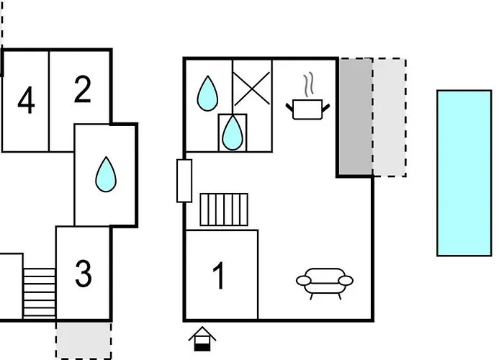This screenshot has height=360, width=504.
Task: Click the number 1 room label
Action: click(x=219, y=276)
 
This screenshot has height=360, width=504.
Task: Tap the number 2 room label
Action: click(x=82, y=89)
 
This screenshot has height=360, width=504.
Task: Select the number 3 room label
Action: click(x=84, y=273)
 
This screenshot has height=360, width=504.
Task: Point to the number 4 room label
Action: click(x=26, y=99)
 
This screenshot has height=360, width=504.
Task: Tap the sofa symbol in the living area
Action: click(x=325, y=283)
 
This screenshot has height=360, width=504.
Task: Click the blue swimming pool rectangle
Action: click(x=464, y=173)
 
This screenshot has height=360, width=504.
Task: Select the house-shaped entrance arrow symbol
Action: click(x=202, y=339)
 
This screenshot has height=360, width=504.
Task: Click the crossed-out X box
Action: click(x=252, y=89)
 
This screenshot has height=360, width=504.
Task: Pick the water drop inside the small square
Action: click(x=233, y=132)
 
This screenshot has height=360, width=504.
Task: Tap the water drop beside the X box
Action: click(x=207, y=94)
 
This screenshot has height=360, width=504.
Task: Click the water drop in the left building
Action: click(x=106, y=174)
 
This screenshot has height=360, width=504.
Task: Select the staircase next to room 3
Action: click(x=40, y=293)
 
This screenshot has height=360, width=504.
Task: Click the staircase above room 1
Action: click(x=224, y=210)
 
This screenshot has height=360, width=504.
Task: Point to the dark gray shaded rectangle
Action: click(x=356, y=117)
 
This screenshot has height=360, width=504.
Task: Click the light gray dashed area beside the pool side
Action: click(x=390, y=117)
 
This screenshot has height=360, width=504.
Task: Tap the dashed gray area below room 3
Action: click(x=84, y=341)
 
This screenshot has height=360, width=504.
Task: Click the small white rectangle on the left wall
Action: click(x=184, y=181)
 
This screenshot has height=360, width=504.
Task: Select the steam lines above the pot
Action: click(x=308, y=84)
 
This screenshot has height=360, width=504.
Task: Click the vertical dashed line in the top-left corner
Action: click(x=2, y=22)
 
